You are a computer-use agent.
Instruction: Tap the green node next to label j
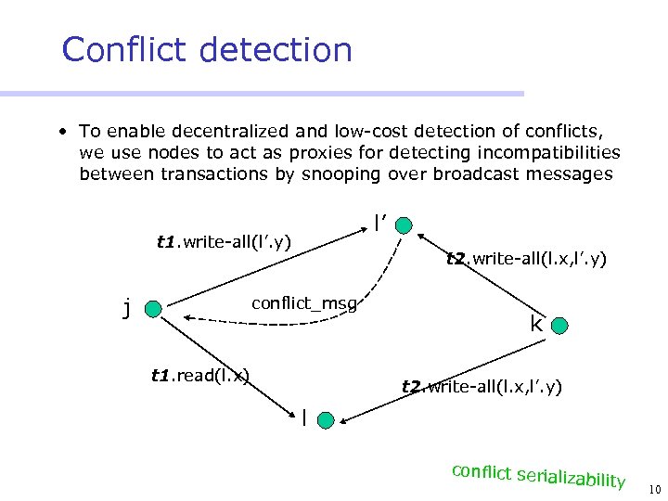(x=154, y=309)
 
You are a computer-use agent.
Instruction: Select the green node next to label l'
(x=407, y=225)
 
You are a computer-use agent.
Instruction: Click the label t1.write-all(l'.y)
(x=224, y=242)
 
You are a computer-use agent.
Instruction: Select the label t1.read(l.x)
(x=199, y=375)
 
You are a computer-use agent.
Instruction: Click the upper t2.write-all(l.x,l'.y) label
(x=526, y=260)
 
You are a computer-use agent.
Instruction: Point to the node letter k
(x=536, y=324)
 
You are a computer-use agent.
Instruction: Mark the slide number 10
(x=654, y=489)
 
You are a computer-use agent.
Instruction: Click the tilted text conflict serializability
(x=538, y=474)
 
